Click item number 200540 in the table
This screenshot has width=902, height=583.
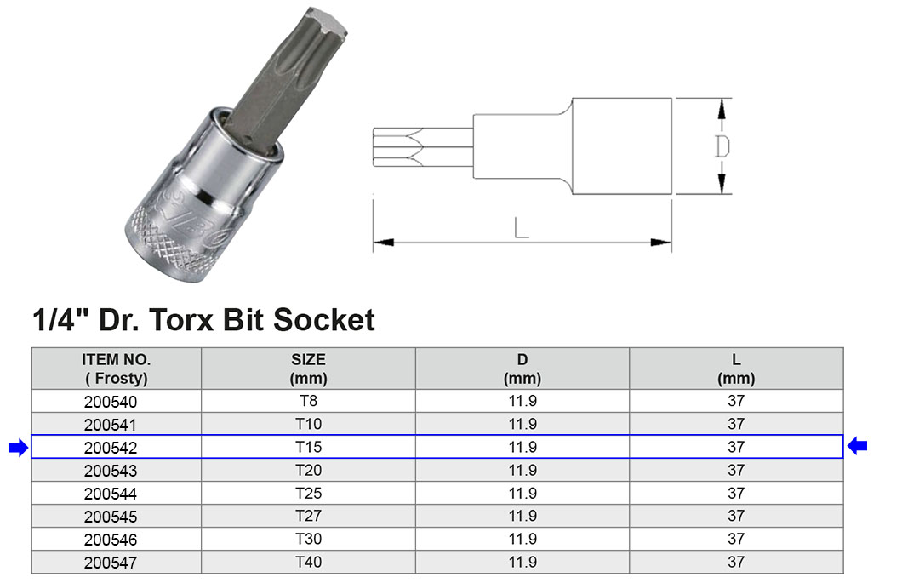[111, 402]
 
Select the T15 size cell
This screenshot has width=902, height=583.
[308, 447]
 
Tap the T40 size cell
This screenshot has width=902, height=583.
[308, 562]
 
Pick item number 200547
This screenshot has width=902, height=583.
[111, 563]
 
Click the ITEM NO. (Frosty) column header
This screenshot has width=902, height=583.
[117, 369]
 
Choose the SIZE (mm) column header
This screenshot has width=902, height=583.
[308, 369]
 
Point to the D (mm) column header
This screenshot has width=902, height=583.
[522, 369]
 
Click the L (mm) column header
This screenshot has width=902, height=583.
[736, 369]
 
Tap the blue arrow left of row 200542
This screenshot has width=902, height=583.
[19, 447]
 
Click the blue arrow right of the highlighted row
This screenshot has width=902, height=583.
[857, 446]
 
